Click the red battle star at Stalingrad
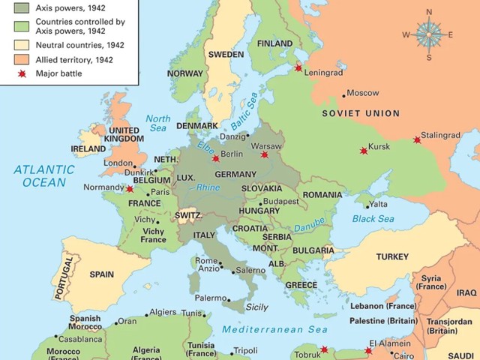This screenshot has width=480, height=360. (417, 139)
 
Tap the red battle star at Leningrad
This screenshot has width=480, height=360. (298, 68)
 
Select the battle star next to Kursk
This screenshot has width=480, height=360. (364, 151)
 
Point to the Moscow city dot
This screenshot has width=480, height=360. (344, 94)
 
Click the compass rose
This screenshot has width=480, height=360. (429, 34)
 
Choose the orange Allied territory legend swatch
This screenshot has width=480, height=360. (22, 59)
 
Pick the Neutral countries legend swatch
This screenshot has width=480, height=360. (22, 45)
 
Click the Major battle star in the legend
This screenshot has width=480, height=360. (22, 73)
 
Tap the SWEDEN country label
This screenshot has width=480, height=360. (226, 55)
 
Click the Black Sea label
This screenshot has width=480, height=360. (373, 219)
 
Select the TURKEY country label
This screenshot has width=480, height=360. (392, 256)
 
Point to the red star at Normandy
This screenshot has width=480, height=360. (130, 189)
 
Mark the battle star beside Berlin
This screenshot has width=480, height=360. (216, 158)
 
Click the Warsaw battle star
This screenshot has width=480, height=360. (264, 155)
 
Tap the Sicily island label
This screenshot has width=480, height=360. (256, 307)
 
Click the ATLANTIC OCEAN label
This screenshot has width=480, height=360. (43, 175)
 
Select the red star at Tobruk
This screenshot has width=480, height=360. (324, 349)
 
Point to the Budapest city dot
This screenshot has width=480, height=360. (260, 203)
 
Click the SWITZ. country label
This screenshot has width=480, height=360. (187, 215)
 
